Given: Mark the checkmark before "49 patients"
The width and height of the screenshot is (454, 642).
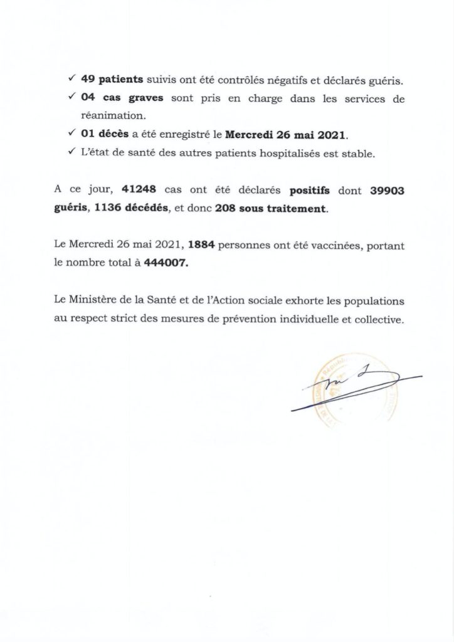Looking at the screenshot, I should pos(72,80).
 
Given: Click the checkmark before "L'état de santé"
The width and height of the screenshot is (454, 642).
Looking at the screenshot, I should pos(72,154).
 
